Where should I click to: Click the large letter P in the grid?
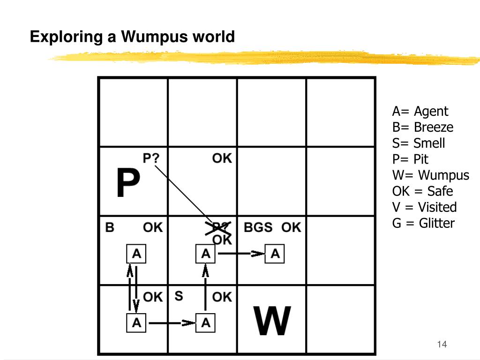pos(127,184)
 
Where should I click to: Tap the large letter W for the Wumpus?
pos(272,321)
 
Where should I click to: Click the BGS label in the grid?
pos(258,228)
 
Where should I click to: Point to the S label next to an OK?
pos(179,296)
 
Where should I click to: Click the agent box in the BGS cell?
pos(275,254)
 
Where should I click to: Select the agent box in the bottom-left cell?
pos(136,322)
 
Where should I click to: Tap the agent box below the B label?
pos(136,254)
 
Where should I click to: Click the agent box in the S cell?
pos(205,322)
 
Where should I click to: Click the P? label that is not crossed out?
pos(151,158)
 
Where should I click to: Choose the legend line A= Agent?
pos(420,112)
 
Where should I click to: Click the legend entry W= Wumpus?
pos(430,175)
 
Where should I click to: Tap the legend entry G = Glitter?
pos(423,223)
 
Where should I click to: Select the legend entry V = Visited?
pos(424,207)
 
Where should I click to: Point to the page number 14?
pos(442,345)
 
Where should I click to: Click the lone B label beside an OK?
pos(110,228)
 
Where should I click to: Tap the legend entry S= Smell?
pos(419,143)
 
